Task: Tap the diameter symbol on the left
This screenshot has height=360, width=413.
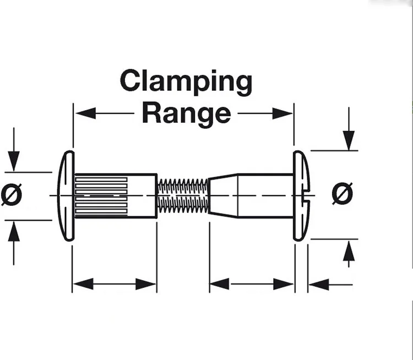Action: (x=12, y=194)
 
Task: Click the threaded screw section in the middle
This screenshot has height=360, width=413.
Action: (x=182, y=195)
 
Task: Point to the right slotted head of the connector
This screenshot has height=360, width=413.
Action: (x=301, y=195)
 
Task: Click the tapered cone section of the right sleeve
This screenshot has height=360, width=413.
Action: (x=223, y=195)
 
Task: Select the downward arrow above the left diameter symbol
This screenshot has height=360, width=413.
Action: (x=15, y=160)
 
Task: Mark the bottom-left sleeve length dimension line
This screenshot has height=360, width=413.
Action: (x=115, y=285)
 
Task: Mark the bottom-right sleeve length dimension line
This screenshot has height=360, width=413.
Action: (x=251, y=285)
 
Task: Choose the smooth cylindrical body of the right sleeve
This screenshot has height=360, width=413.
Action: (x=264, y=195)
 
